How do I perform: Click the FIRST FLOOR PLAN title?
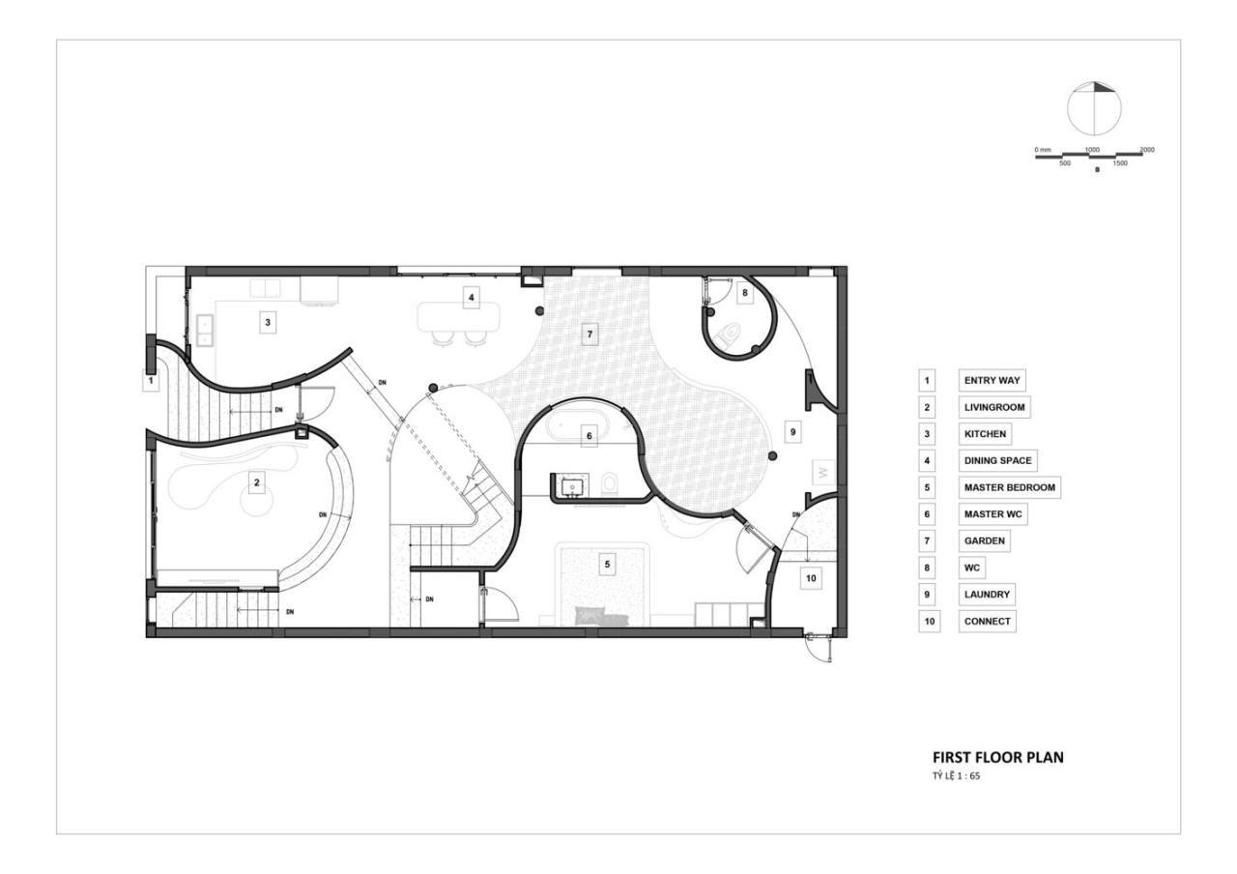click(998, 757)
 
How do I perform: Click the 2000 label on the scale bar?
click(1147, 150)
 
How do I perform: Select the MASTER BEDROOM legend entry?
click(1010, 487)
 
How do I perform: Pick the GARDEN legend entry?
click(985, 540)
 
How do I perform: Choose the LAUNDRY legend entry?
click(987, 595)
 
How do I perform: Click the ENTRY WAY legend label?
click(992, 380)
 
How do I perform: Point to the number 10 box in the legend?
click(930, 621)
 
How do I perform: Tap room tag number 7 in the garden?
click(590, 335)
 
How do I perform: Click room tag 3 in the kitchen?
click(268, 322)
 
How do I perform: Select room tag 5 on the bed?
click(608, 564)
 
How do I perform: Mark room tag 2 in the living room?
click(256, 482)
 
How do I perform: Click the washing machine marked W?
click(823, 473)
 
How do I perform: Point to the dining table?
click(459, 317)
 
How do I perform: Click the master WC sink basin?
click(572, 486)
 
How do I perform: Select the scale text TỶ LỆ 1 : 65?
click(957, 775)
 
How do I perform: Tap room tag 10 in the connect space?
click(811, 578)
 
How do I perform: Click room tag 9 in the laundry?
click(793, 431)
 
